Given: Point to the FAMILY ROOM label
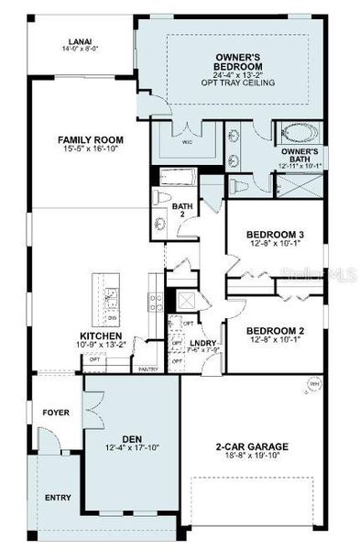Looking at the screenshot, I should tap(90, 140).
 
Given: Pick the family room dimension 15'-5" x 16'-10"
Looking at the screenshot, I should tap(90, 150).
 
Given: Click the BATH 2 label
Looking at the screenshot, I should tap(181, 209).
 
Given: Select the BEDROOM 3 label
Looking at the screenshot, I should tap(276, 235).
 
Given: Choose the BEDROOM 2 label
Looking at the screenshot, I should tap(276, 330).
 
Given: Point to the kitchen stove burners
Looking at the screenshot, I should tap(156, 300).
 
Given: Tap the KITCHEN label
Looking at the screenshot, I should tap(101, 336).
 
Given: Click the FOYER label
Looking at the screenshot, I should tap(56, 412).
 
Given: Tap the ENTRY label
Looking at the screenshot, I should tap(58, 498).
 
